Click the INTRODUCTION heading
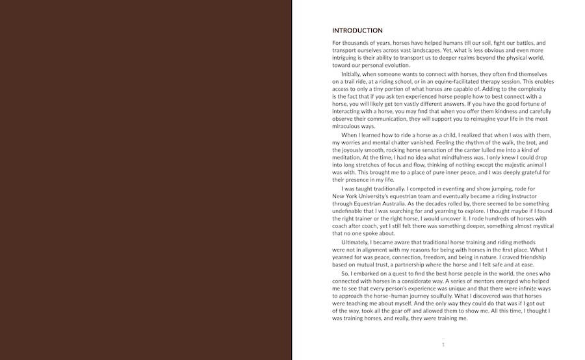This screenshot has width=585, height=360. click(357, 31)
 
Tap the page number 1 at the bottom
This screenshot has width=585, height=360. click(443, 344)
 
